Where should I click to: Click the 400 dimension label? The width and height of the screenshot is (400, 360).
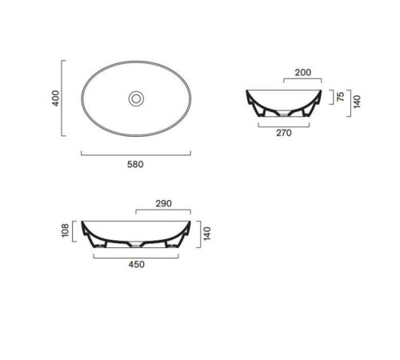[x=55, y=98]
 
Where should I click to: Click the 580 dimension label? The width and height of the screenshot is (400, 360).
[x=135, y=164]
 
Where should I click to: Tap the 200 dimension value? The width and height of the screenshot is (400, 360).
[x=303, y=72]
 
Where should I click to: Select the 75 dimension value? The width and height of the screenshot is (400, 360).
[x=341, y=96]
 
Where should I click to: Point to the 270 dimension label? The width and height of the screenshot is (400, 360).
[x=284, y=133]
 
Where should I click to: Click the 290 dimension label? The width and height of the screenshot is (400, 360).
[x=164, y=203]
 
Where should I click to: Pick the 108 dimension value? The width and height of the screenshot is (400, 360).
[x=65, y=230]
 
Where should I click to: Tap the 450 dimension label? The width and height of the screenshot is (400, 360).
[x=137, y=264]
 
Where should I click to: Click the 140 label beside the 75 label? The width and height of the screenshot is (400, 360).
[x=357, y=102]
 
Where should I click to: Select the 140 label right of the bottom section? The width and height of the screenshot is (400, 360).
[x=207, y=234]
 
